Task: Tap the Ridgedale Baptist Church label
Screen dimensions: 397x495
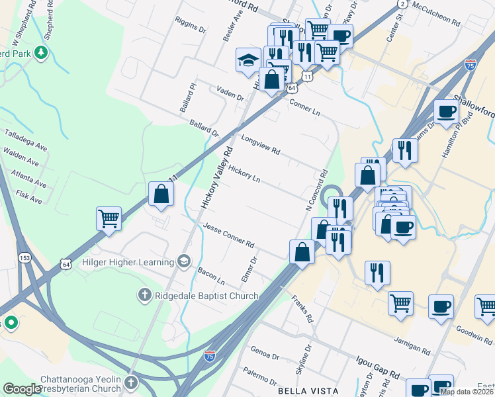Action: (206, 295)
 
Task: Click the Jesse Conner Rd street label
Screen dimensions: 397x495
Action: (229, 235)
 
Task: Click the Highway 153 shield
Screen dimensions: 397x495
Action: (25, 257)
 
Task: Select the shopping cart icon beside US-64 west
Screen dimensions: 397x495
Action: (109, 218)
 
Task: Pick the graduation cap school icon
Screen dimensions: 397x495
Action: (248, 60)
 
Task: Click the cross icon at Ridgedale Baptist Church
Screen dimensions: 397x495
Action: (144, 294)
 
